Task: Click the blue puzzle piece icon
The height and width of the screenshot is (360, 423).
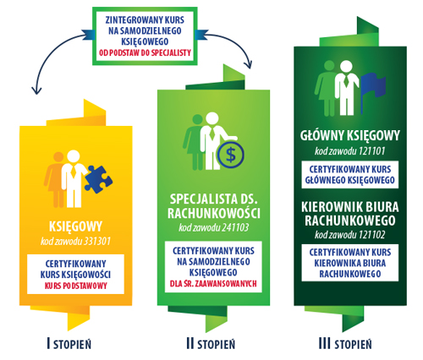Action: point(98,179)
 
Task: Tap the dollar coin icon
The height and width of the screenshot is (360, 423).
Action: point(231,155)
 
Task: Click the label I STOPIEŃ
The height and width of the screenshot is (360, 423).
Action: point(69,344)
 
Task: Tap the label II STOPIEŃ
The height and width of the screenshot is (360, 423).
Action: point(211,344)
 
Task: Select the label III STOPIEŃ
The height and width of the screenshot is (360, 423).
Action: point(345,344)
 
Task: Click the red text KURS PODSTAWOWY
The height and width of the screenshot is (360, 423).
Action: point(76,286)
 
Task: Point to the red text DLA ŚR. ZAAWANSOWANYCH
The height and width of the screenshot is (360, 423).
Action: point(213,283)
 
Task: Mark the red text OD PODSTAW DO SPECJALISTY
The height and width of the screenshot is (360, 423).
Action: point(145,52)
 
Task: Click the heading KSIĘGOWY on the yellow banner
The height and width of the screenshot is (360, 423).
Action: point(75,226)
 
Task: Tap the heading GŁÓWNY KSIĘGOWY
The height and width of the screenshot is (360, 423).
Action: point(350,136)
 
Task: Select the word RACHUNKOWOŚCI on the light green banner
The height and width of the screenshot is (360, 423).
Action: point(214,213)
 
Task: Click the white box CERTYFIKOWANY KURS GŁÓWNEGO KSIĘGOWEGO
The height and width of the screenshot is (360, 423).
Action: point(350,175)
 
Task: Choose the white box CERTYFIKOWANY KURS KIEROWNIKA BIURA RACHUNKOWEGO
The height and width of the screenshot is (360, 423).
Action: point(350,263)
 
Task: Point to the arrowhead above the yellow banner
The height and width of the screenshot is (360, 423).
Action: point(36,90)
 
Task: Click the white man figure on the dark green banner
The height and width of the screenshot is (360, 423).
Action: point(347,88)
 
